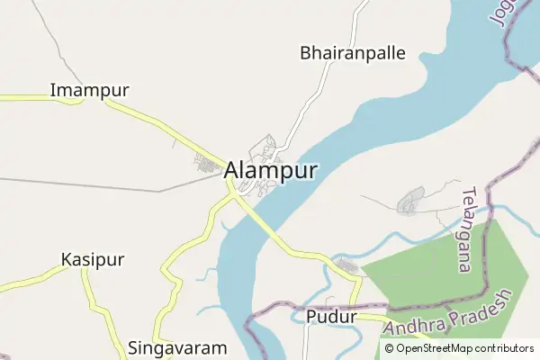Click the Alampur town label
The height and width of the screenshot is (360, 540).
270,170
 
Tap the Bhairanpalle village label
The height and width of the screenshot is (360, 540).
353,53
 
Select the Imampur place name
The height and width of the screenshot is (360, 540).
90,91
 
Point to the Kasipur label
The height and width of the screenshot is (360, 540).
93,259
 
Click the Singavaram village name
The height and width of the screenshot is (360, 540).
176,347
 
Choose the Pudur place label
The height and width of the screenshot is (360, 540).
332,317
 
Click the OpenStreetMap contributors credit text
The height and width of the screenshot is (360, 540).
464,348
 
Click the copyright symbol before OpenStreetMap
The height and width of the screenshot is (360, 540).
390,348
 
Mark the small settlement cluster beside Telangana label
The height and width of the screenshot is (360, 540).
411,200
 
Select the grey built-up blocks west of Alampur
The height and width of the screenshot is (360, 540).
209,165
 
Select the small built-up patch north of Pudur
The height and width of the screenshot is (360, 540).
346,266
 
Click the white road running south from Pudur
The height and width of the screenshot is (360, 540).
307,342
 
